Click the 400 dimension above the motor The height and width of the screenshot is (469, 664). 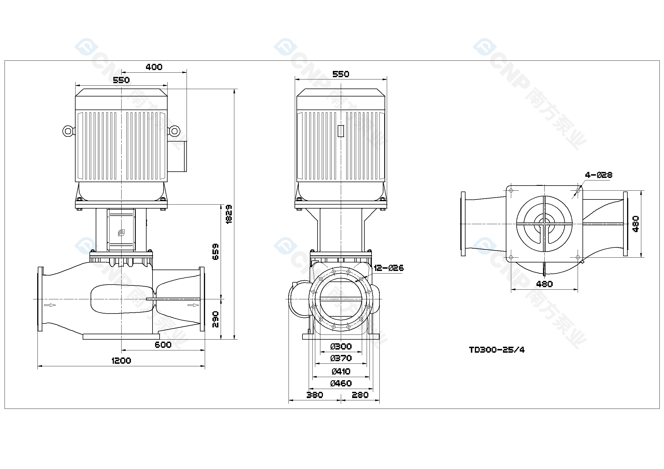tap(154, 67)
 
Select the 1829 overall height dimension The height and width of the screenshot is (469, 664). tap(229, 214)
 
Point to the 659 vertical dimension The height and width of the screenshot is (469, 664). tap(216, 252)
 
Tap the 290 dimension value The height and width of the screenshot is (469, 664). tap(216, 319)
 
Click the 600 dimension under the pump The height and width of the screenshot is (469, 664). tap(163, 345)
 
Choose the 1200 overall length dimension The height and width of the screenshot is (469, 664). tap(121, 361)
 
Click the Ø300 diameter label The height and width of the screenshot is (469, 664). tap(341, 346)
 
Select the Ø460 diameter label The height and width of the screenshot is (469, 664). tap(341, 384)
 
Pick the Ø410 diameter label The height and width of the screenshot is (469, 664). tap(341, 371)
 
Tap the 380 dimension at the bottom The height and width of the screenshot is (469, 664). tap(315, 395)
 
